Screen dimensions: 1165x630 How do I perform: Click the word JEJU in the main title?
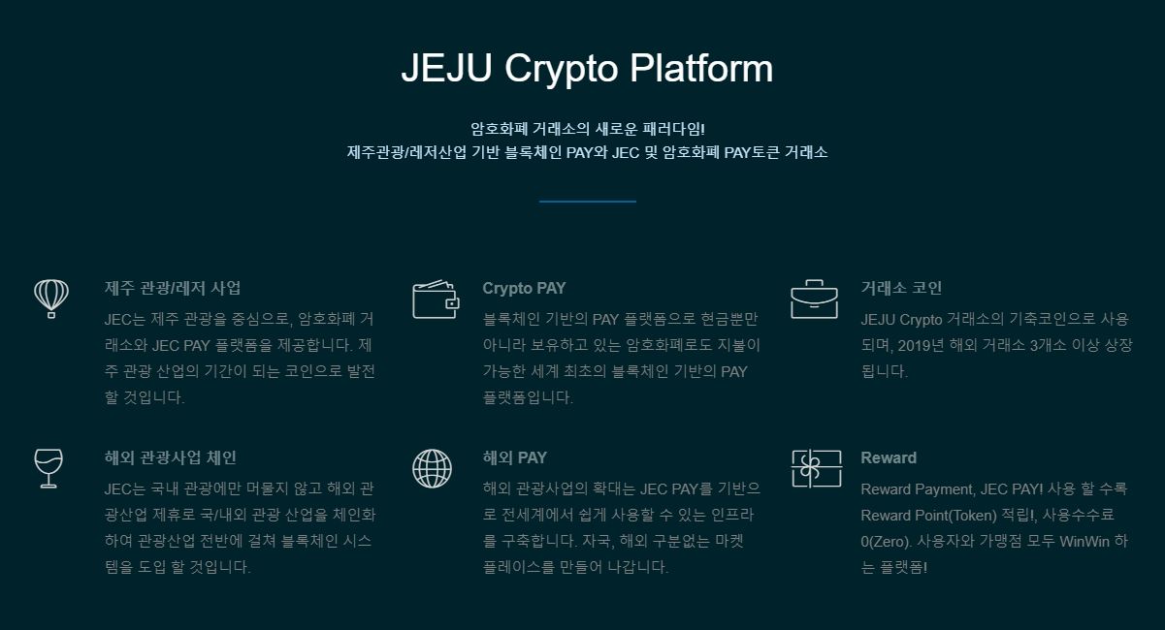[447, 68]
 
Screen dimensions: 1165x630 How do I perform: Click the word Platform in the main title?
[701, 68]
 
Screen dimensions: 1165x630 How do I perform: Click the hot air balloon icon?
[51, 299]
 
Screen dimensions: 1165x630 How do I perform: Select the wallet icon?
[436, 299]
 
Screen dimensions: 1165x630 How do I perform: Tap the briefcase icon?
[814, 299]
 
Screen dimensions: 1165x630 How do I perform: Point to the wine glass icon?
[49, 468]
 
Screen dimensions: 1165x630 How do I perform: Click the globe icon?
[433, 468]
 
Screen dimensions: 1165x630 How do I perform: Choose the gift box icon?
[817, 468]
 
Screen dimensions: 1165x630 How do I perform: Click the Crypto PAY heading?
[524, 289]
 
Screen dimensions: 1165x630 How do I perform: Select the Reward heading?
[889, 457]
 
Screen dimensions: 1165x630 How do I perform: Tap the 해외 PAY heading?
[514, 457]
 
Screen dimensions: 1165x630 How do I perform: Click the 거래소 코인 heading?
[901, 288]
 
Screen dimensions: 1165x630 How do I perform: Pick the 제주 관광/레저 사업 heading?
[172, 288]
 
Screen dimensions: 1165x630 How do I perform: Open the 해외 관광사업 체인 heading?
[170, 457]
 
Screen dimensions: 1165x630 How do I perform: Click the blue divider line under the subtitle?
[587, 202]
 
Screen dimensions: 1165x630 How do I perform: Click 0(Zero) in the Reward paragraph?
[887, 542]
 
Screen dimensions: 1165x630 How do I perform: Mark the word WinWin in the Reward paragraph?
[1084, 541]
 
